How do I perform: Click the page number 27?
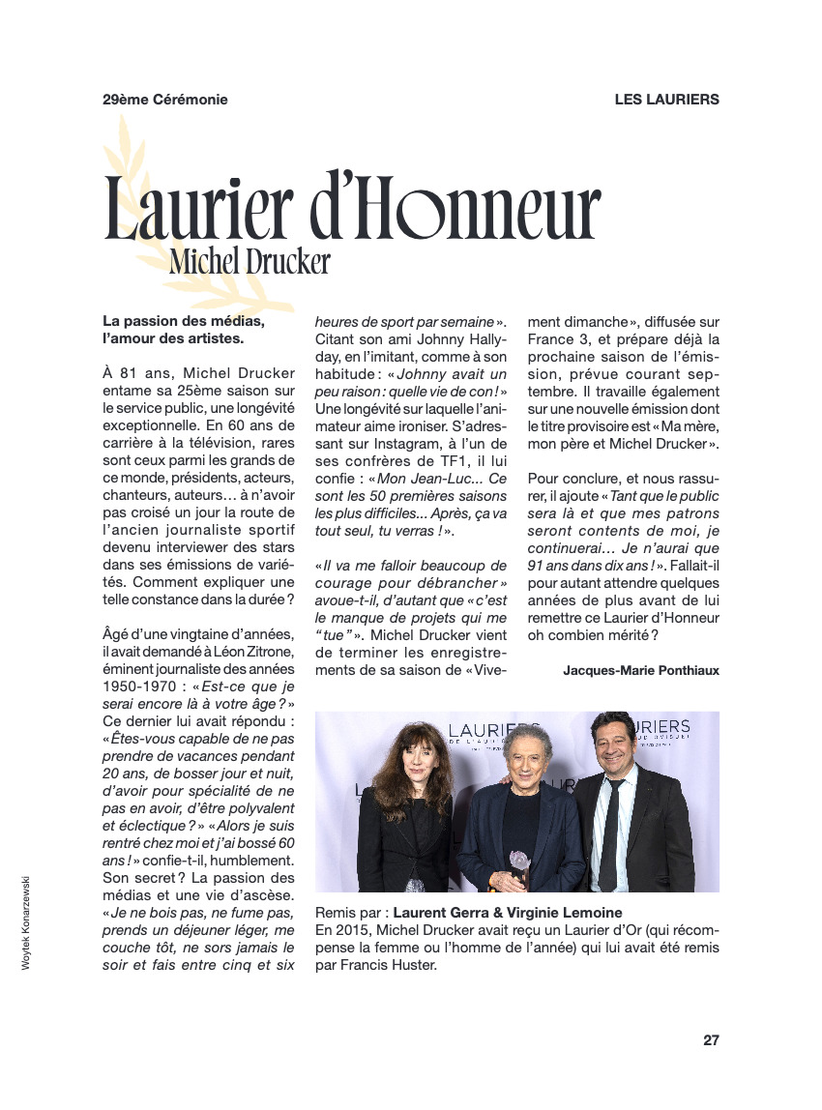point(711,1040)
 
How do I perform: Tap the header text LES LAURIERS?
point(666,100)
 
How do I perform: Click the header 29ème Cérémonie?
point(165,100)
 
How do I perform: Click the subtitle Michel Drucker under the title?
point(250,261)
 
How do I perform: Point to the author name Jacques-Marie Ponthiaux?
point(641,669)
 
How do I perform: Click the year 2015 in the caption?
point(351,929)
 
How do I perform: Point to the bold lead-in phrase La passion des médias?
point(184,321)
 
